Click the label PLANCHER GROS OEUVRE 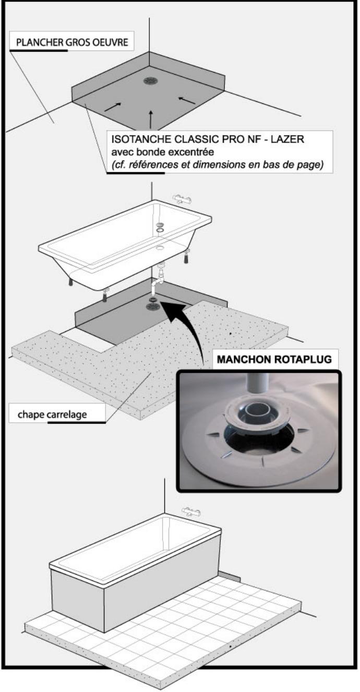[x=72, y=42]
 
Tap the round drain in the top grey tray [x=151, y=80]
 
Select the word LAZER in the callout [x=287, y=139]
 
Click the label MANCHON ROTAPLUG [x=274, y=359]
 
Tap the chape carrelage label [x=52, y=414]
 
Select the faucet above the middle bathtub [x=182, y=199]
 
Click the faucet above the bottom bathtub [x=191, y=511]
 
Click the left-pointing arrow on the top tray [x=187, y=100]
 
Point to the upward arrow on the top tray [x=151, y=119]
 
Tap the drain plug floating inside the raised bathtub [x=161, y=225]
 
